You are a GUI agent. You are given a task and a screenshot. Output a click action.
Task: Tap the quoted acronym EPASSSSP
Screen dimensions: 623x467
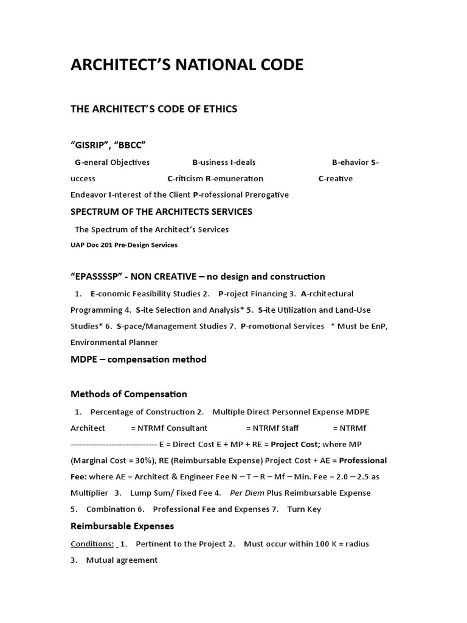pos(98,277)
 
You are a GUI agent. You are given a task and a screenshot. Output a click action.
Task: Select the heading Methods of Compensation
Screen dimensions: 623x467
pos(129,394)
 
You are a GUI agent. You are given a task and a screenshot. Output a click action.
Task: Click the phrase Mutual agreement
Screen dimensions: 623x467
pos(122,560)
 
